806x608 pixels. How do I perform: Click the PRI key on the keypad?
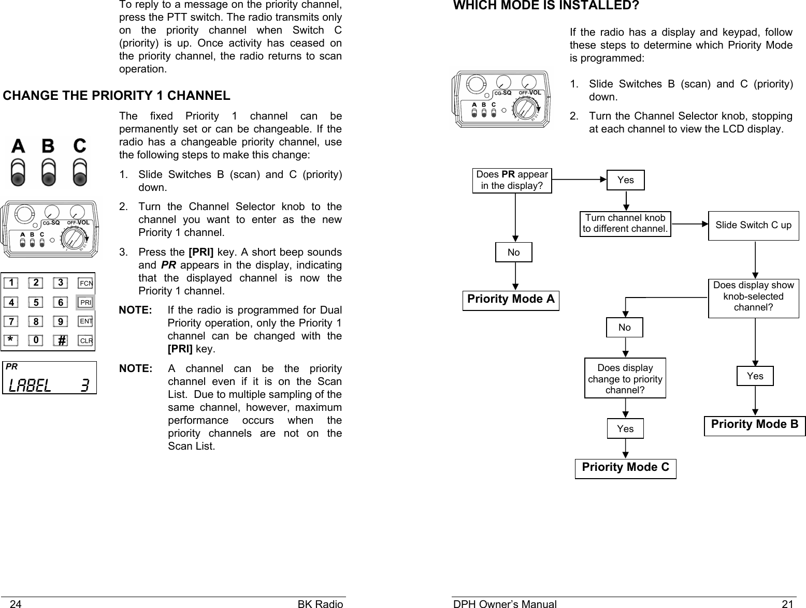tap(85, 302)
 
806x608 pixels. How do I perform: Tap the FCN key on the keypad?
tap(85, 283)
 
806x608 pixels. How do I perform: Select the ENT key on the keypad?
tap(85, 321)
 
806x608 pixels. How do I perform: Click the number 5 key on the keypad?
tap(36, 302)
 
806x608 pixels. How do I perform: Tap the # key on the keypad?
tap(61, 340)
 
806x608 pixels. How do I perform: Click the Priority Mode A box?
tap(511, 300)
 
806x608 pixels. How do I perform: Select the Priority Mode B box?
tap(755, 425)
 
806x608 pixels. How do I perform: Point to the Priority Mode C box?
tap(625, 468)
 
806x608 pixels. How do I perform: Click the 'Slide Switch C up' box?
tap(753, 225)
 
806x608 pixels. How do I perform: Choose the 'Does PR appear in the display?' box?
tap(512, 180)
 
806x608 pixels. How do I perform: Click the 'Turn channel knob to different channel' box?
tap(625, 224)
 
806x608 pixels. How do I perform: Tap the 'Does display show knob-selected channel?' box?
tap(753, 296)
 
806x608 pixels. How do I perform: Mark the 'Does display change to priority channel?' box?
tap(625, 379)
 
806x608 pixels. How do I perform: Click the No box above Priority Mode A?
tap(513, 253)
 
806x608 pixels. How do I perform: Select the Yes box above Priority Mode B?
tap(755, 376)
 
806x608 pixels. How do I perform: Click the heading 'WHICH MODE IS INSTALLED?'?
tap(546, 6)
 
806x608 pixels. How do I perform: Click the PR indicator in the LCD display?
tap(11, 366)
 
